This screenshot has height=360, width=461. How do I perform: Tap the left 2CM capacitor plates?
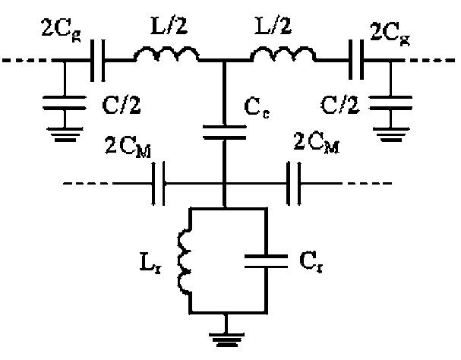(x=159, y=183)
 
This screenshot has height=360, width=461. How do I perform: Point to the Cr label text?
(x=306, y=264)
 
